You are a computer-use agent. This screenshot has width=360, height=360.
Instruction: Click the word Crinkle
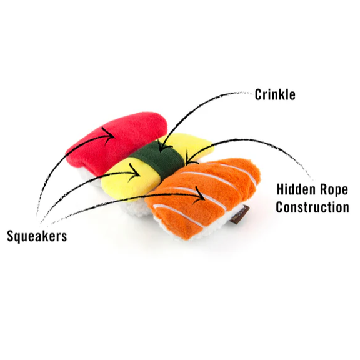point(275,94)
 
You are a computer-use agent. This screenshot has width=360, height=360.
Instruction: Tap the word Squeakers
point(37,236)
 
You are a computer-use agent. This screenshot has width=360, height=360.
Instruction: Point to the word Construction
point(312,207)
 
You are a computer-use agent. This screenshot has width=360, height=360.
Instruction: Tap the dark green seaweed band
point(158,158)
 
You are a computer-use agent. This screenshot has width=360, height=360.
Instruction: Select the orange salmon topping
point(202,195)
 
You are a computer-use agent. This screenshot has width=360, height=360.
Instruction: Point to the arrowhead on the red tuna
point(110,135)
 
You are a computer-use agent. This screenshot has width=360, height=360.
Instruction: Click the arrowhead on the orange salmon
point(200,195)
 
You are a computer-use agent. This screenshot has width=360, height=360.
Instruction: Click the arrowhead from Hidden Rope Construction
point(191,158)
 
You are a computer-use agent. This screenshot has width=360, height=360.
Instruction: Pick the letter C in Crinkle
point(258,94)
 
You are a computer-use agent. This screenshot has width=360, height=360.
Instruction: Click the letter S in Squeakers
point(11,236)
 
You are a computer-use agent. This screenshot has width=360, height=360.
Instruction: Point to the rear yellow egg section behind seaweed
point(188,144)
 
